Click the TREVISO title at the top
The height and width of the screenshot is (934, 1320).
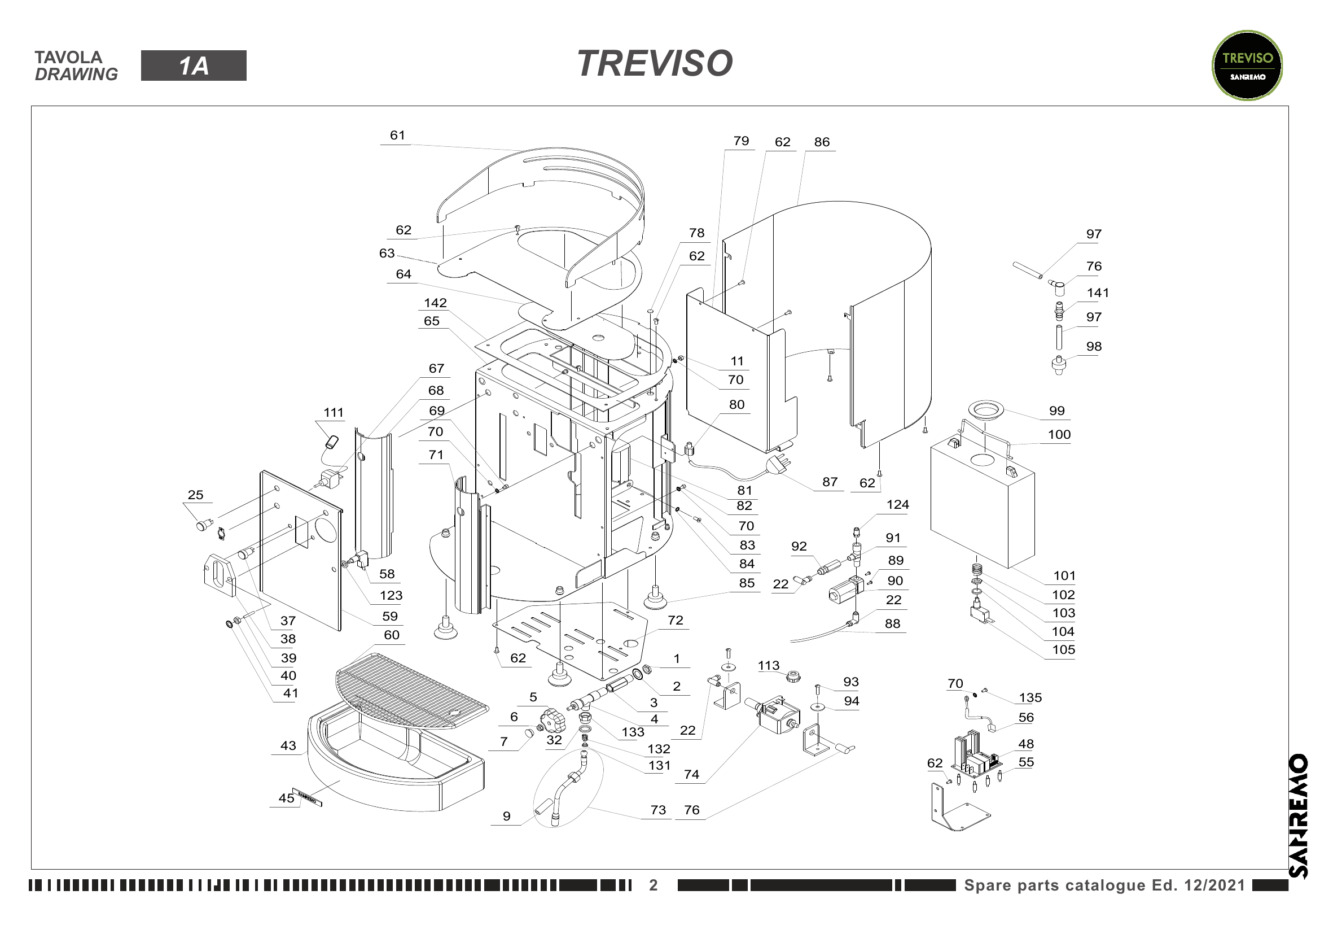coord(655,63)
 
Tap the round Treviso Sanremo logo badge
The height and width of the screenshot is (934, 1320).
coord(1247,66)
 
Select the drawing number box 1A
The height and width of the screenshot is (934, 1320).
coord(194,66)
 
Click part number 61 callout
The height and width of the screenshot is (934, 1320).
coord(397,135)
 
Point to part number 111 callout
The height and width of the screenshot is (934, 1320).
coord(334,412)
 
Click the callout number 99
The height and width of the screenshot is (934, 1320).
coord(1056,411)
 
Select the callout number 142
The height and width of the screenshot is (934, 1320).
coord(435,303)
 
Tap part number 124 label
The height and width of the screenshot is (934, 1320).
coord(897,504)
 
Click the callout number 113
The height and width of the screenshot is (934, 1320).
coord(769,665)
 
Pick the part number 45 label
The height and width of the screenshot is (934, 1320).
coord(286,798)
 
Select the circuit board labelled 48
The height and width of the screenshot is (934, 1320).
coord(976,754)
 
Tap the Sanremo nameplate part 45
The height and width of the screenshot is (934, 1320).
coord(307,797)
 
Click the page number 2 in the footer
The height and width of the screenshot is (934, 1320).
coord(653,885)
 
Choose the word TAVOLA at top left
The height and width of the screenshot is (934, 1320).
coord(68,57)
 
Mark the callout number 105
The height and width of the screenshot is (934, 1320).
coord(1064,649)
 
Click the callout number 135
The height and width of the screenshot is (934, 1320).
coord(1030,697)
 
